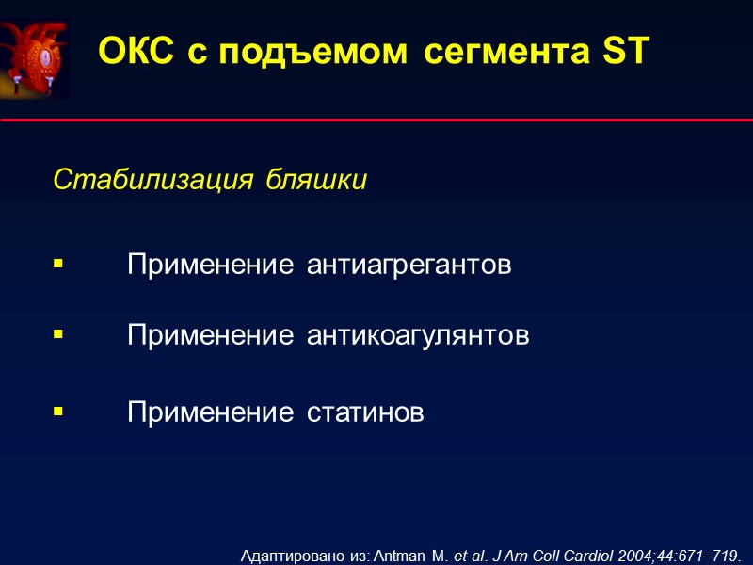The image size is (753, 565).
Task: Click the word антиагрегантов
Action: (409, 266)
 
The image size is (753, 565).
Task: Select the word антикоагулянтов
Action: (418, 335)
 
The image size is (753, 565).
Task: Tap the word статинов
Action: (365, 412)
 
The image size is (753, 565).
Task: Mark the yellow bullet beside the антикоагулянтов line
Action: (58, 334)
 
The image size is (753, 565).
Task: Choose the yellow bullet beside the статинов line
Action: (58, 412)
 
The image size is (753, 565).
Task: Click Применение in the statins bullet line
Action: (211, 412)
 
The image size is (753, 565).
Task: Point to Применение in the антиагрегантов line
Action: (211, 266)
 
